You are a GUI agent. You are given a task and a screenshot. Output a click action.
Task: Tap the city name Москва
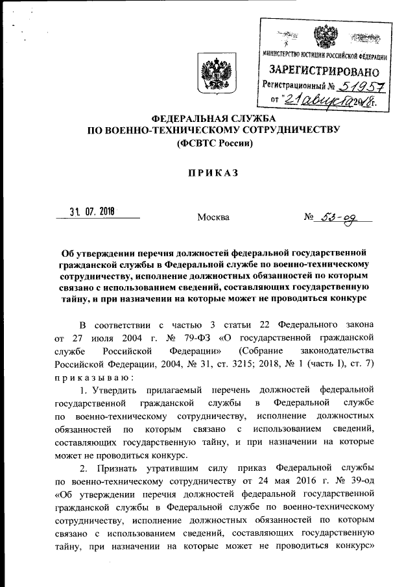click(213, 217)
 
